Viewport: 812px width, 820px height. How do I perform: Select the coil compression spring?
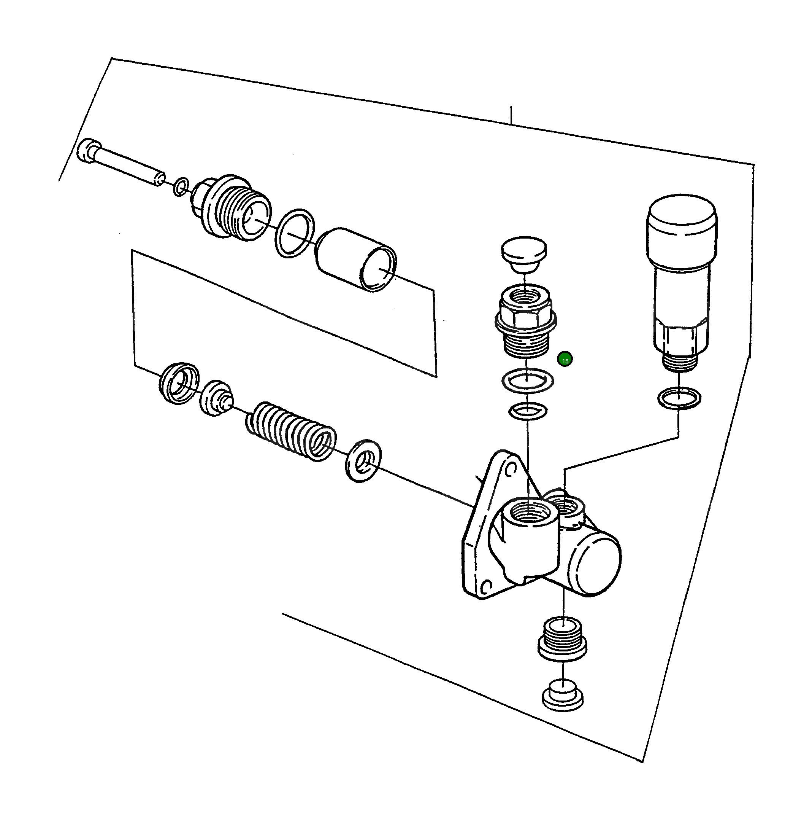click(291, 431)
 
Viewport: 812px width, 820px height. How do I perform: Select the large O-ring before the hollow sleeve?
click(295, 233)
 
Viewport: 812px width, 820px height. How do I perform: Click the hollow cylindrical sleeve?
click(356, 260)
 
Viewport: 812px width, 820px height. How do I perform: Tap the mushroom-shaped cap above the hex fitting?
click(524, 255)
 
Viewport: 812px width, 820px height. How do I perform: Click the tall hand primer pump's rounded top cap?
click(681, 221)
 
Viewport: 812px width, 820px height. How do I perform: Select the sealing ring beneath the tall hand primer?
click(679, 398)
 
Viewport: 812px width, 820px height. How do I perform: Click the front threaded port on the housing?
click(528, 511)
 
